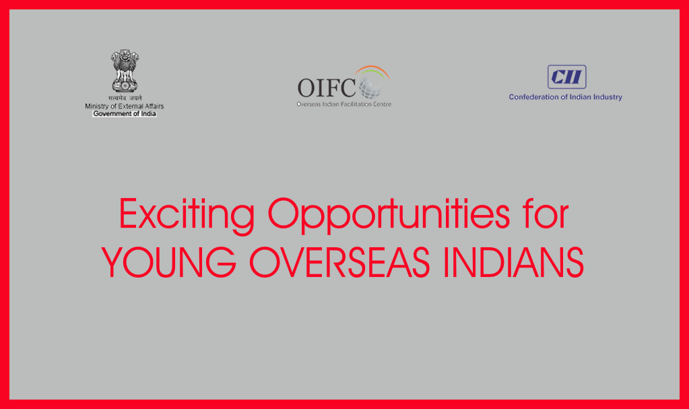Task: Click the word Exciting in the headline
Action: tap(187, 215)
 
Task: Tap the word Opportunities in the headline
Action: tap(389, 215)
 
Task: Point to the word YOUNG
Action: tap(169, 262)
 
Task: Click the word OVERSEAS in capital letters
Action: tap(339, 262)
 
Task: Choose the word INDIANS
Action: tap(514, 262)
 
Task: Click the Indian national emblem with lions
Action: tap(125, 70)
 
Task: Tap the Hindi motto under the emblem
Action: tap(125, 98)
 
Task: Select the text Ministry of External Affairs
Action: tap(125, 106)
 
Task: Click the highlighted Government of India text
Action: tap(125, 113)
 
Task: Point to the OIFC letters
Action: tap(327, 88)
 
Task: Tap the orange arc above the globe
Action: tap(372, 69)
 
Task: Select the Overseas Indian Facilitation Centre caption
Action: tap(344, 104)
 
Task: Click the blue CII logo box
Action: tap(567, 77)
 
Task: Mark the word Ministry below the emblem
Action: tap(96, 106)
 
